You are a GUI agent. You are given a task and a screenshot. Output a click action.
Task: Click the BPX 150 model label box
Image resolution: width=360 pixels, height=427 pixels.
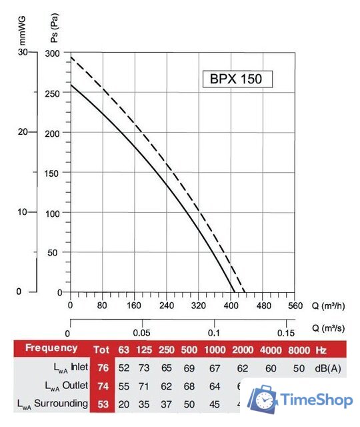click(237, 79)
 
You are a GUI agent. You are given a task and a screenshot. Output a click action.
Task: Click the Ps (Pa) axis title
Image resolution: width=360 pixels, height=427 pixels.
click(55, 28)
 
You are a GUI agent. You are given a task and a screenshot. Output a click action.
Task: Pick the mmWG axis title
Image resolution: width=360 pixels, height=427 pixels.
click(22, 31)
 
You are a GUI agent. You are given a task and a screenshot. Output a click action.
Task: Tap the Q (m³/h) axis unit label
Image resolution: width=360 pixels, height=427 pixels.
click(328, 306)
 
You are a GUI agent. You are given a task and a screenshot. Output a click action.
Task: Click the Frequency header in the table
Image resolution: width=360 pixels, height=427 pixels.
click(51, 348)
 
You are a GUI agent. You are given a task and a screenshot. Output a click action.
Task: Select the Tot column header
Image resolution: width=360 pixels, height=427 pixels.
click(101, 350)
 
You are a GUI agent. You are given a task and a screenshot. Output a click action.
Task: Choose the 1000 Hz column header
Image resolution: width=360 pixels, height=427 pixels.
click(215, 350)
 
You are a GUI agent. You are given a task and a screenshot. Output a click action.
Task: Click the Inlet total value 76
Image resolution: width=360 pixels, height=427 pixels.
click(103, 368)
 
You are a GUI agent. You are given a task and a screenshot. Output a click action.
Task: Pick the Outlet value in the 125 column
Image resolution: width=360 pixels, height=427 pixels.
click(144, 386)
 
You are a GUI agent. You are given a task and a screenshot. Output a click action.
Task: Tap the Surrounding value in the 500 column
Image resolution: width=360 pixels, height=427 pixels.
click(189, 404)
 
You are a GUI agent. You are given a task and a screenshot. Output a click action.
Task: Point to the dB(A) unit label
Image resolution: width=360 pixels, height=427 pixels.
click(328, 368)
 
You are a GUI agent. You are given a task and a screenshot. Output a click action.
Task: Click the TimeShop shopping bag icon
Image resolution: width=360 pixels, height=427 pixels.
click(263, 399)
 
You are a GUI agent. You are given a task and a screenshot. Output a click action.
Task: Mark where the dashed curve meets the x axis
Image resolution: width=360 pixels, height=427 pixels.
click(245, 292)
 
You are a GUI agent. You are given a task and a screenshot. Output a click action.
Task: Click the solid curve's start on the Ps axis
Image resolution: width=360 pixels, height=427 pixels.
click(71, 85)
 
